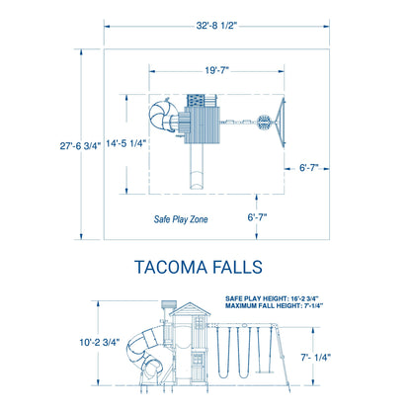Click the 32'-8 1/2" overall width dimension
[x=216, y=26]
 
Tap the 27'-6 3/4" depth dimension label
[x=80, y=145]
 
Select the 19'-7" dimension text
[x=217, y=70]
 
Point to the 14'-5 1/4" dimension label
[x=125, y=143]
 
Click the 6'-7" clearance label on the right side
[x=309, y=168]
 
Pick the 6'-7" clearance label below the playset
[x=257, y=217]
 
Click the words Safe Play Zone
[x=181, y=219]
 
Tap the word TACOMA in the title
[x=171, y=267]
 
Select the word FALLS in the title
[x=237, y=267]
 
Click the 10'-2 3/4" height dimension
[x=100, y=342]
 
